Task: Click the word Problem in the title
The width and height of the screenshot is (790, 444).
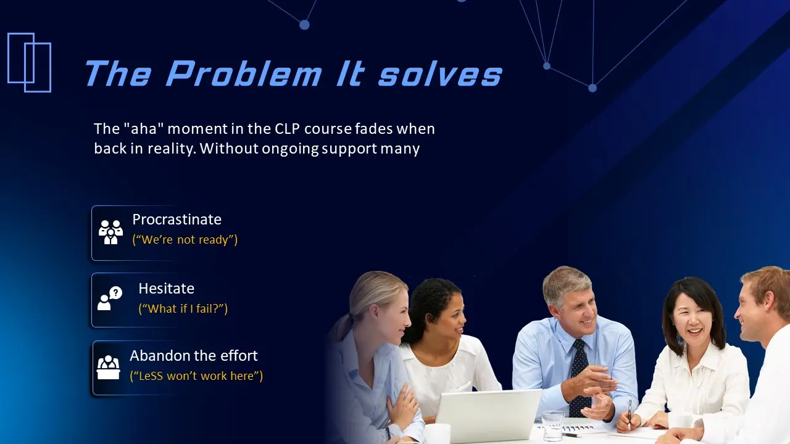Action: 243,74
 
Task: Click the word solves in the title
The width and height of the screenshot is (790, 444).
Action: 440,74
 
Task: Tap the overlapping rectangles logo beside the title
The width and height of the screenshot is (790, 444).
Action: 29,62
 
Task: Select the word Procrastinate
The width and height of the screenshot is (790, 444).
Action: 177,220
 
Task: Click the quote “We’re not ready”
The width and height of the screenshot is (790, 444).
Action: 185,240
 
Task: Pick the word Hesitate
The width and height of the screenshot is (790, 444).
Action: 166,289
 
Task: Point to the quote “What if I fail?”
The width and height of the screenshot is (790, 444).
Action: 183,308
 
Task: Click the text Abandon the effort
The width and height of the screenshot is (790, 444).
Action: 193,356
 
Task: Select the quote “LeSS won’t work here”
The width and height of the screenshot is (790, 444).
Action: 196,376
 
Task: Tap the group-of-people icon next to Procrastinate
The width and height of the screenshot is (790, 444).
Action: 110,232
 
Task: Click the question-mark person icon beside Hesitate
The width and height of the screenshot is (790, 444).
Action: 110,299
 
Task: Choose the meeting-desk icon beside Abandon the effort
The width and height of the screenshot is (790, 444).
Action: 109,368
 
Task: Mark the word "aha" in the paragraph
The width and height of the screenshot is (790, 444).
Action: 143,129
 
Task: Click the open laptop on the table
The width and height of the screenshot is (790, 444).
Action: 488,416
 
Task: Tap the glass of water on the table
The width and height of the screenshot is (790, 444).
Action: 552,426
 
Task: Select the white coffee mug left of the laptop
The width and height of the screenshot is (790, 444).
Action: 438,434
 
